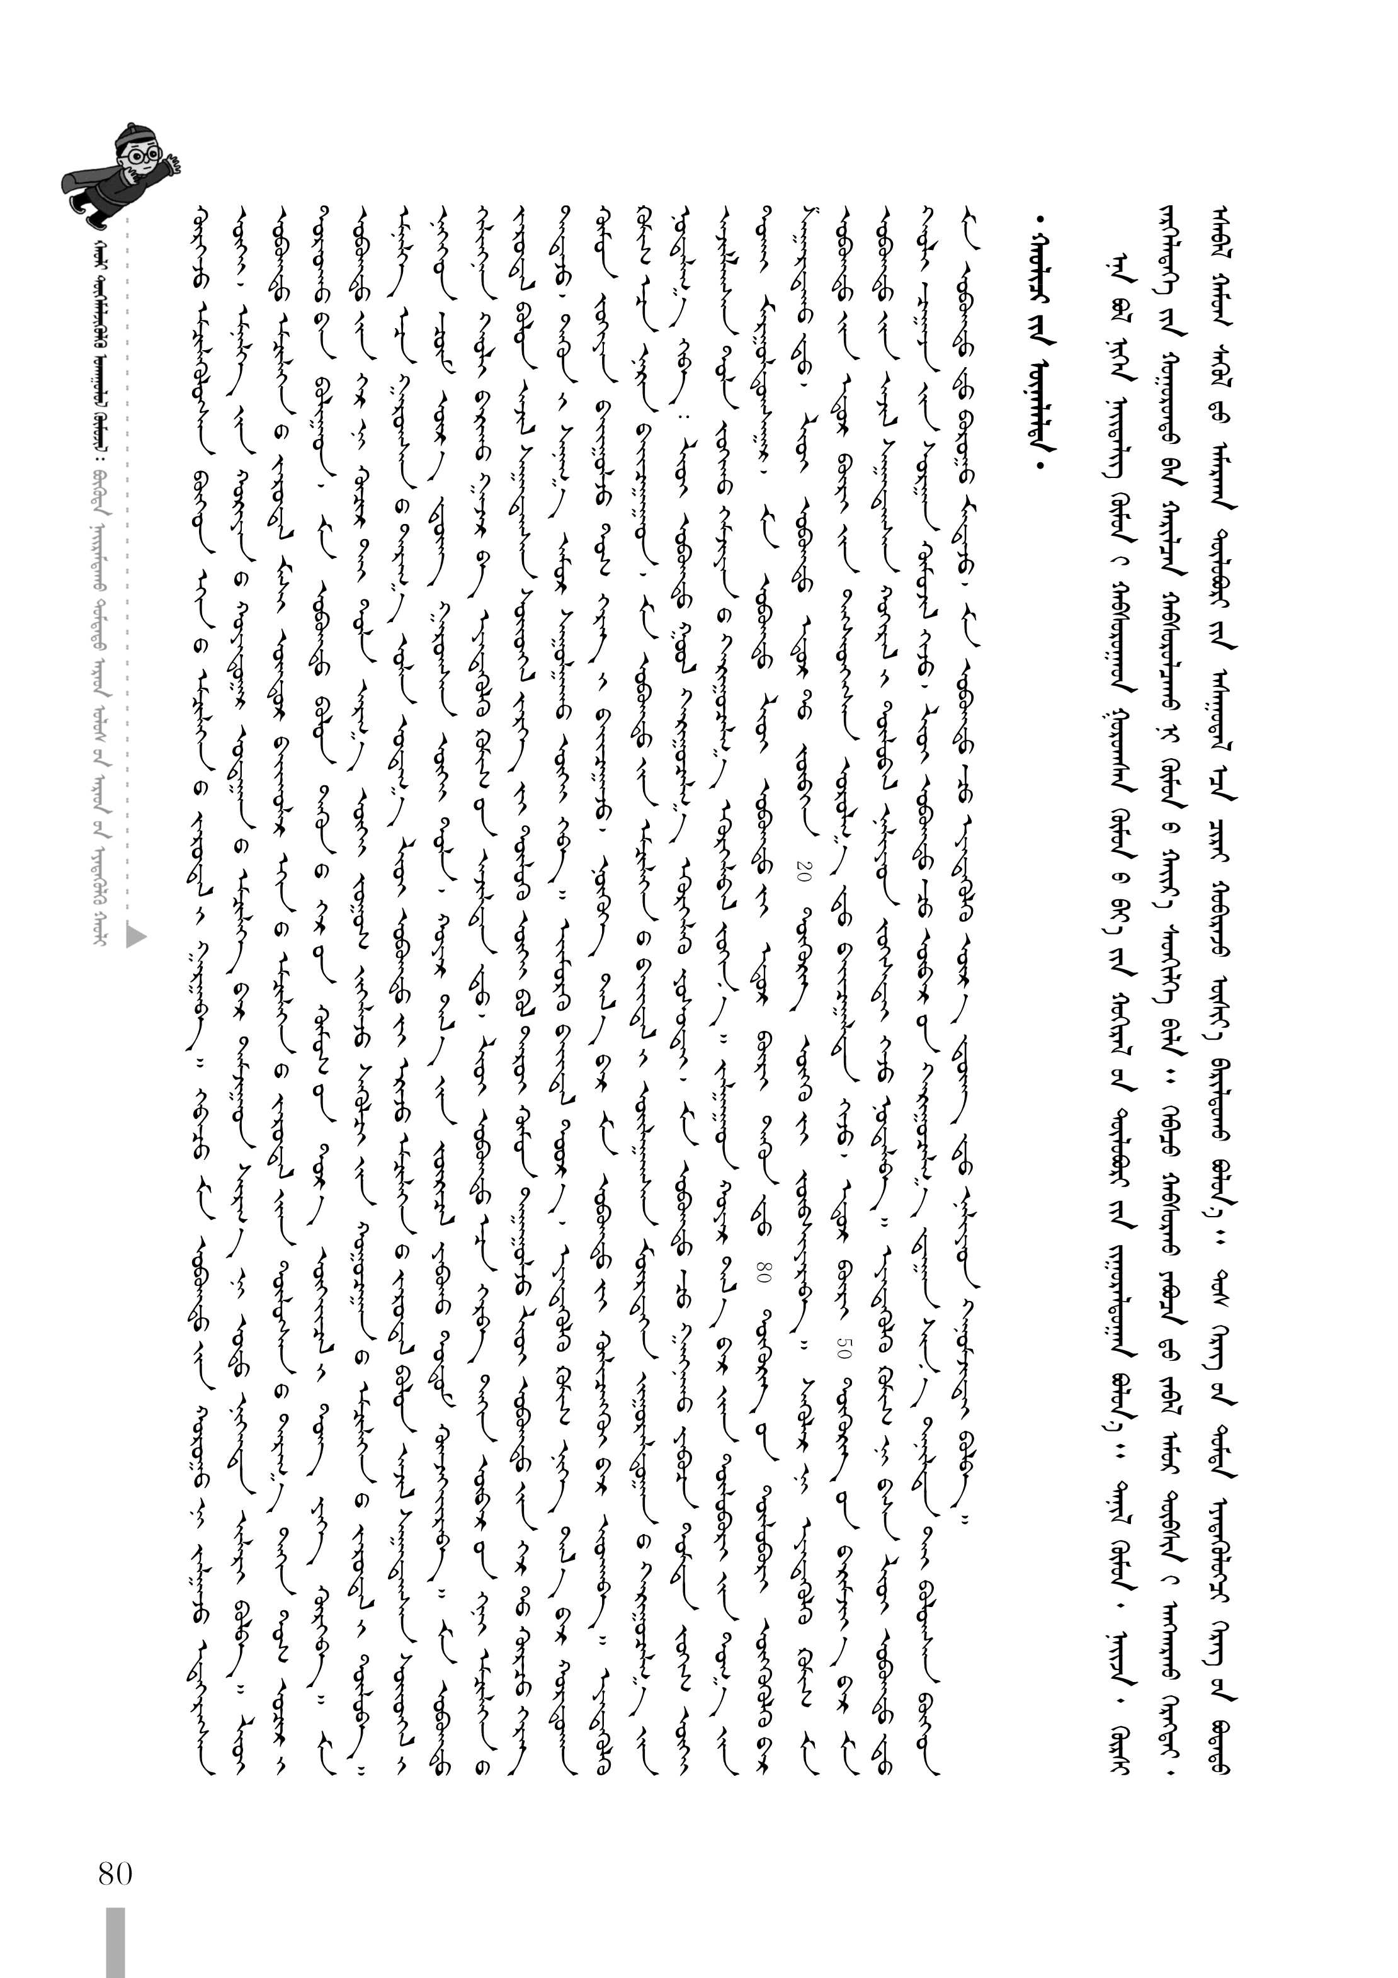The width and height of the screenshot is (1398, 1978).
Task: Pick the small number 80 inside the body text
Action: pyautogui.click(x=763, y=1274)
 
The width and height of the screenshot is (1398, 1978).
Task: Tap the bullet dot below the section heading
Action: pyautogui.click(x=1045, y=465)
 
